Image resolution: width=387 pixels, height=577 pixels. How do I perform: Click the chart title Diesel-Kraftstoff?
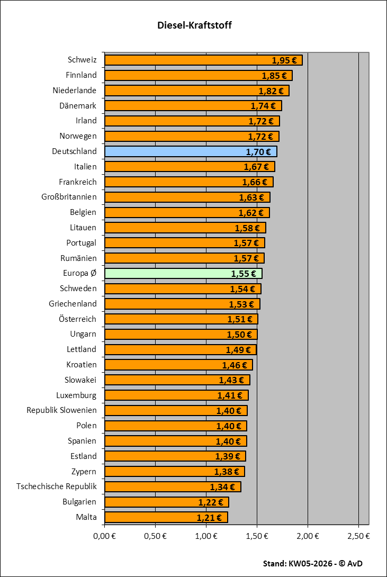[x=194, y=25]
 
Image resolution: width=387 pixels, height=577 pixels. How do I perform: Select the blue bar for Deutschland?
[x=191, y=152]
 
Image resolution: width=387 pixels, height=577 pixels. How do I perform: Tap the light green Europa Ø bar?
[x=183, y=274]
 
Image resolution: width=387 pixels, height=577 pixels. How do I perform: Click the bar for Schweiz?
[x=203, y=60]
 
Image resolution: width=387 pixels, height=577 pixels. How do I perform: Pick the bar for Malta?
[x=166, y=517]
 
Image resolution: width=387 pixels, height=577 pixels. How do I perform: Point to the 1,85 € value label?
[x=274, y=76]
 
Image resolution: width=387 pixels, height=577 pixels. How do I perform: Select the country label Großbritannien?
[x=69, y=197]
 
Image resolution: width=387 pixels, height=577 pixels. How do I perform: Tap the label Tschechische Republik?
[x=57, y=486]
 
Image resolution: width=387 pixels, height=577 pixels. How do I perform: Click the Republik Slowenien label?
[x=61, y=410]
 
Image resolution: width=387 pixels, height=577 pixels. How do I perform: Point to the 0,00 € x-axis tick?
[x=105, y=536]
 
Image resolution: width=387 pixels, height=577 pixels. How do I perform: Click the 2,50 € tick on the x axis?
[x=358, y=536]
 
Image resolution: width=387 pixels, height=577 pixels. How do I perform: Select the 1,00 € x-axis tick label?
[x=206, y=536]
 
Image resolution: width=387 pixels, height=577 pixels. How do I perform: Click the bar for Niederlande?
[x=196, y=91]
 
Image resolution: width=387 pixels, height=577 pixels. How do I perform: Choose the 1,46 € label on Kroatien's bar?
[x=234, y=365]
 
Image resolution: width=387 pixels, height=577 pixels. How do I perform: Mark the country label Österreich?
[x=77, y=319]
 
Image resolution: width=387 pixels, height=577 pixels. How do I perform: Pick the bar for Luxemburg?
[x=176, y=395]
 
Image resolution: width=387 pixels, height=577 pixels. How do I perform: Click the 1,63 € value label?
[x=251, y=198]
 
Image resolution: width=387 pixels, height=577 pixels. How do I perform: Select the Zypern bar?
[x=174, y=472]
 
